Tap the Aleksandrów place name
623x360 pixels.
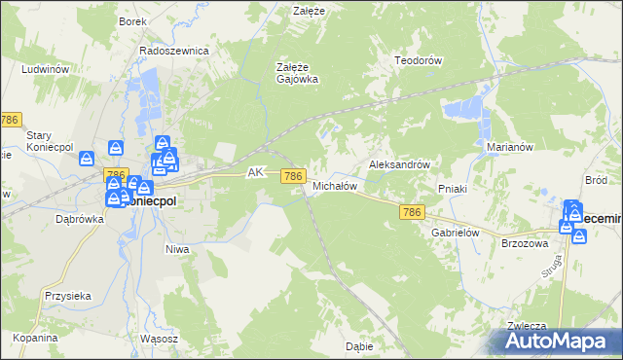(399, 165)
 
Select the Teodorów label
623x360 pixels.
(419, 60)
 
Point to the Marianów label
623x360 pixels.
(507, 147)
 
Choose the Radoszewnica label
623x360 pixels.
(174, 51)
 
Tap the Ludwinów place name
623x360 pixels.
(47, 70)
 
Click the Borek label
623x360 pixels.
(131, 20)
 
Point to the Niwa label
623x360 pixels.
(176, 249)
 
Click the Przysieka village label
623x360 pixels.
(67, 296)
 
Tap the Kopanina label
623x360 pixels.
(36, 338)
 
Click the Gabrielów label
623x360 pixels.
(452, 234)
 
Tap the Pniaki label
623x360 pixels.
(454, 189)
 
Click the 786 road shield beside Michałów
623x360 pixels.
(294, 175)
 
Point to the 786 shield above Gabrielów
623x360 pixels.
(412, 212)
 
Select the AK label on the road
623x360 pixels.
(256, 172)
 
